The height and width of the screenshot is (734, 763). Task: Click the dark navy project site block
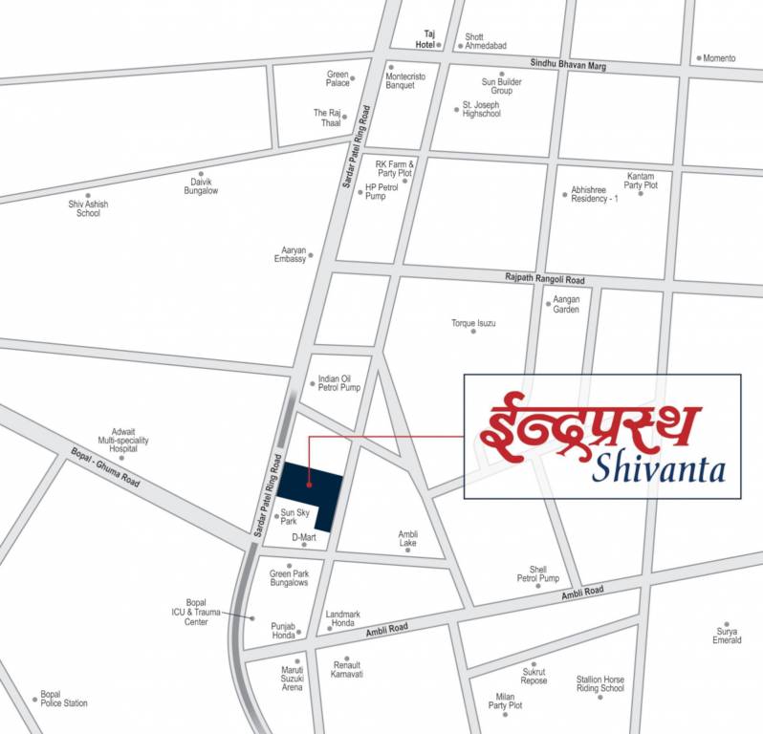tap(310, 486)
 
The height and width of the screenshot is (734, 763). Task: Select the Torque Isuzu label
tap(473, 323)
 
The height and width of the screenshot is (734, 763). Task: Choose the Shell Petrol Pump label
tap(537, 573)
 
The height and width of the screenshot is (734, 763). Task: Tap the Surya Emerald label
tap(727, 636)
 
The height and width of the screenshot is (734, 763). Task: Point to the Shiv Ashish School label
tap(88, 208)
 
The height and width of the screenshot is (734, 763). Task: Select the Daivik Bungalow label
tap(201, 186)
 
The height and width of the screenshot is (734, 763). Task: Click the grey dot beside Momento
tap(699, 58)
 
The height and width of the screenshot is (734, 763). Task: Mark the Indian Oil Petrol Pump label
tap(338, 382)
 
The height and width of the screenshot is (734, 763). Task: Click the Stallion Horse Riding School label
tap(599, 683)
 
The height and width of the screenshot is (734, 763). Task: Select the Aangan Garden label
tap(565, 304)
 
